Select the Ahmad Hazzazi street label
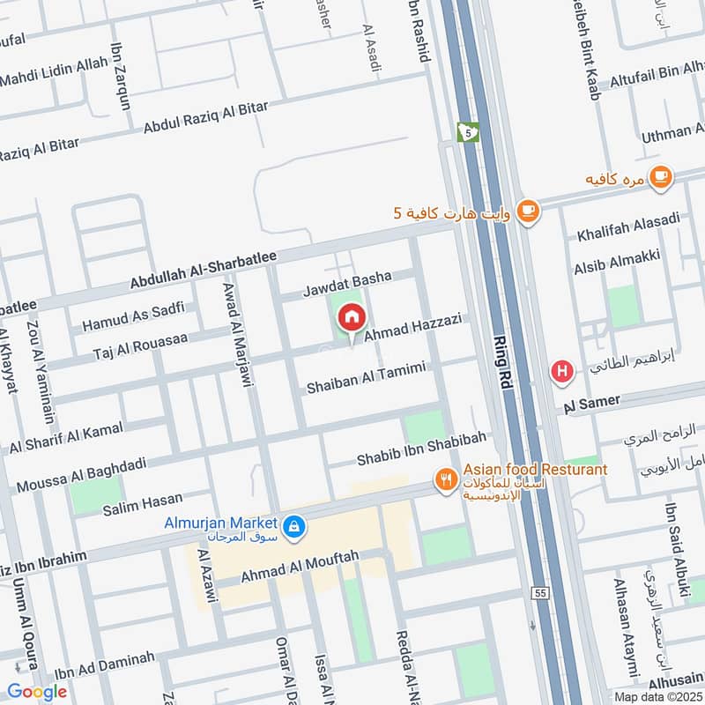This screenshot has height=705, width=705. click(413, 328)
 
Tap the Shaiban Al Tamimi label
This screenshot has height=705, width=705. click(367, 378)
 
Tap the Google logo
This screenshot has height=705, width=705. click(36, 692)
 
